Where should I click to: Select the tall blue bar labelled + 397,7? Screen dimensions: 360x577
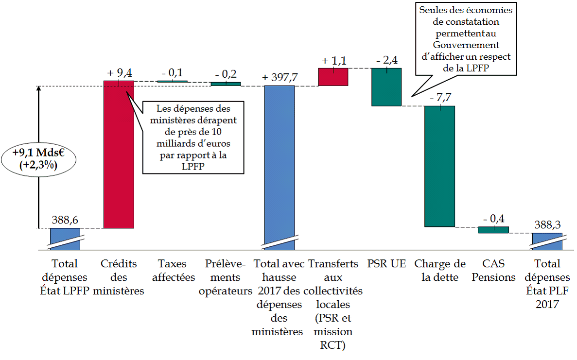[280, 160]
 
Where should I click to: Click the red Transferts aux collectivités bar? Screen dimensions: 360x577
[333, 77]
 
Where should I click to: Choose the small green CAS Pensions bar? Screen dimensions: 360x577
[493, 229]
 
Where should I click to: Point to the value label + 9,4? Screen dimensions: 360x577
[119, 73]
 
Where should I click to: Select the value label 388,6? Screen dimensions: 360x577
[65, 221]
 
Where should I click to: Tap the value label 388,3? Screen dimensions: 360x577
[547, 225]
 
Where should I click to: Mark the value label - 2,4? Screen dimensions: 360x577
[387, 61]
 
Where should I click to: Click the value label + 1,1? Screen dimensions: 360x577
[333, 61]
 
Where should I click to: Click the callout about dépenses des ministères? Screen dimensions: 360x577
[193, 137]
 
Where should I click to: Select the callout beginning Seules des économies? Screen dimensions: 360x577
[466, 39]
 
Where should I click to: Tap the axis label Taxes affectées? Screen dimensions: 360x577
[173, 271]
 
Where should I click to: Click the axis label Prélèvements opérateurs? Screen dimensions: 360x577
[226, 277]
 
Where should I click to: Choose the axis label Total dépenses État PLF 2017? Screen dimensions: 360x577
[547, 284]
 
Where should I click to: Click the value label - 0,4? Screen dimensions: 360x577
[493, 219]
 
